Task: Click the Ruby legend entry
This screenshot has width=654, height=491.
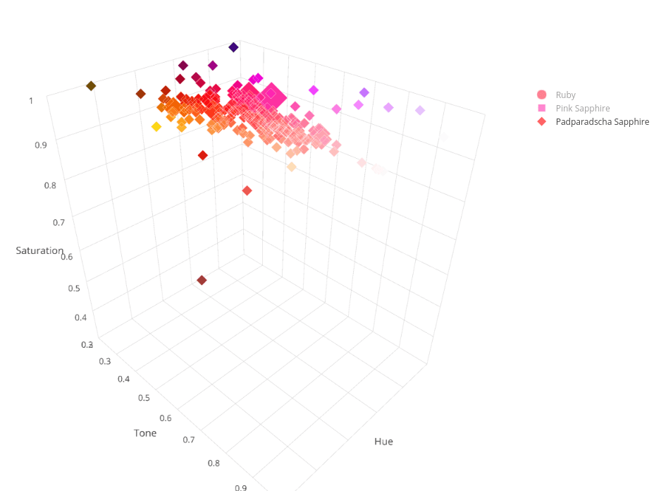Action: (565, 95)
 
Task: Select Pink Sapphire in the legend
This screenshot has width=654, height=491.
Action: (582, 109)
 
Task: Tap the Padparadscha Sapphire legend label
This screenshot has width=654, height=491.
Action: (602, 121)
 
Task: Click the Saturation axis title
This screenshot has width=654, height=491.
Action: (39, 250)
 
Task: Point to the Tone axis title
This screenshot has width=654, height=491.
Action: (145, 432)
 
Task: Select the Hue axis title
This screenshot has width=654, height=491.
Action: (383, 442)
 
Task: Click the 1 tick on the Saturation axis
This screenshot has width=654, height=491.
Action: (31, 101)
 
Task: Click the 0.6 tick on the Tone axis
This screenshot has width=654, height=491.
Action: (166, 418)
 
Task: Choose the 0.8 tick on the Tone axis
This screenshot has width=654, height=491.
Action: (212, 463)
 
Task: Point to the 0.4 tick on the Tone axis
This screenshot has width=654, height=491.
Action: (124, 379)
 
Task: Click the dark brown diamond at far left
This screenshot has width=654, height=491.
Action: (91, 86)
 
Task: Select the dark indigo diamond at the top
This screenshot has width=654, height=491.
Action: (233, 47)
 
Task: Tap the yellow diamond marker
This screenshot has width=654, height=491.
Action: (156, 126)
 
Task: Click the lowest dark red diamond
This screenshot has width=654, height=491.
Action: (202, 280)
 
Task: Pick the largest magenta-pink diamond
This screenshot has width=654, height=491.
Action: (270, 95)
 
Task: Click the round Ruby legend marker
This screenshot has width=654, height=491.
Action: (542, 95)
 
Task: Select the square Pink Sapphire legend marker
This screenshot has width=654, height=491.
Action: (542, 109)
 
